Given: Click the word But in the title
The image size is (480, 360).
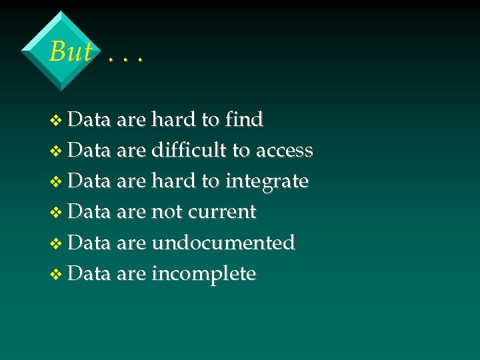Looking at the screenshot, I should (70, 51).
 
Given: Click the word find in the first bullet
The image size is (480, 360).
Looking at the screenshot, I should (244, 120).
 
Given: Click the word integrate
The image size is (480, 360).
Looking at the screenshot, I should (267, 182).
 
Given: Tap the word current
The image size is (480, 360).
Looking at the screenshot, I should (222, 212).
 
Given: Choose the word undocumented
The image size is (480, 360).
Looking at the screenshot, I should (223, 243).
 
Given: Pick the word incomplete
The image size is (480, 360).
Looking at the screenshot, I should (203, 274).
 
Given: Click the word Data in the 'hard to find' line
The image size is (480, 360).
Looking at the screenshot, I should (89, 120).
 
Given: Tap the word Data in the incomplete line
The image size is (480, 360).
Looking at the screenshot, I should (89, 273).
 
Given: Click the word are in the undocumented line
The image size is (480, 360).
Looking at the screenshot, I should (131, 243).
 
